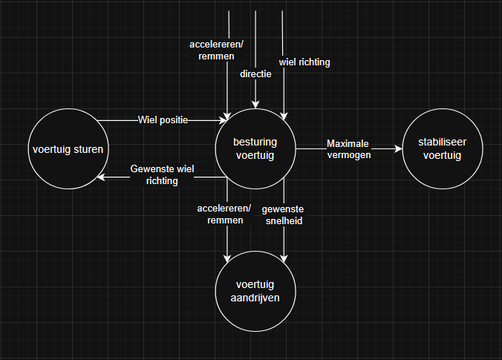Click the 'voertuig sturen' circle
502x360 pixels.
click(68, 148)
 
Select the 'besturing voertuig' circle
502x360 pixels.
click(255, 148)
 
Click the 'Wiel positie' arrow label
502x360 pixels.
click(163, 120)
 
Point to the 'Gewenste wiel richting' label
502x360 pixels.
click(162, 174)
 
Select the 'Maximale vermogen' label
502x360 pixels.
click(348, 148)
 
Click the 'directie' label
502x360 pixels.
click(255, 74)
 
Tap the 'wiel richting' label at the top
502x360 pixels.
click(304, 62)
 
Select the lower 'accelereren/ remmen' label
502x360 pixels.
click(224, 215)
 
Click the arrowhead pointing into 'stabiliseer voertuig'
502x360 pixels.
click(400, 149)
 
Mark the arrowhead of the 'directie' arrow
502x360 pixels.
click(255, 105)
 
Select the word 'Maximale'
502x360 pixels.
click(348, 143)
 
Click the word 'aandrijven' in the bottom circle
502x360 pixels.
click(255, 298)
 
